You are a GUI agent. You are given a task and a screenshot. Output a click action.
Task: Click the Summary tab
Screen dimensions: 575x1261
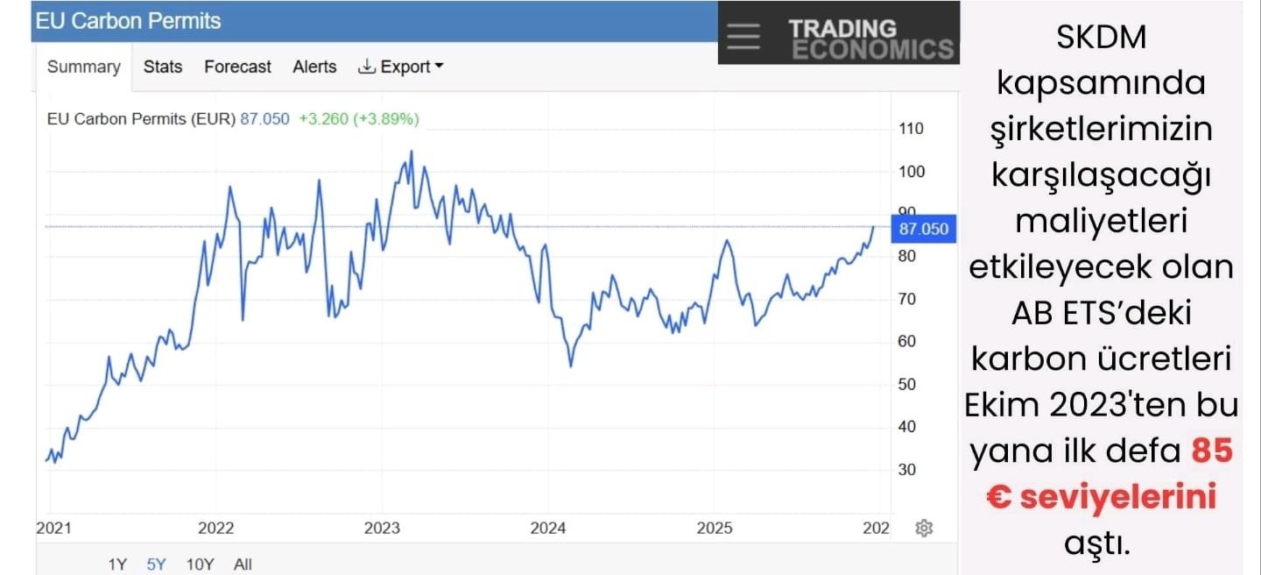[x=83, y=67]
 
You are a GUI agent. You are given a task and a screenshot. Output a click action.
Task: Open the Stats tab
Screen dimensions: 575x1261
[x=163, y=67]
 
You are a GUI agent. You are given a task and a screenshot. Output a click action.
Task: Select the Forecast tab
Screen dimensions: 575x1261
[x=237, y=67]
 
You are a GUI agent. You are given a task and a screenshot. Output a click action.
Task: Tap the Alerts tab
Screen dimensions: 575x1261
[x=314, y=67]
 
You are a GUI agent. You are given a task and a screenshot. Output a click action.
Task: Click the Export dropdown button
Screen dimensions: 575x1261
[x=401, y=67]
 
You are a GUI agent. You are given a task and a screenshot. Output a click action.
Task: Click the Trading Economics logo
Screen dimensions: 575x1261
[x=870, y=39]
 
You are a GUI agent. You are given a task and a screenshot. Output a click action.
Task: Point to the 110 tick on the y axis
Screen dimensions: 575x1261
[x=911, y=129]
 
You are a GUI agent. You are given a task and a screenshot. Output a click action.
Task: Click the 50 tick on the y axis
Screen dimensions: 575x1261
[x=906, y=384]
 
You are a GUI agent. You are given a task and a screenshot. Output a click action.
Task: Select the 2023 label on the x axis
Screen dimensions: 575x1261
[x=382, y=528]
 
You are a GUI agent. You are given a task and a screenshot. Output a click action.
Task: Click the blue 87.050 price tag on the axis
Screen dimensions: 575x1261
[x=923, y=230]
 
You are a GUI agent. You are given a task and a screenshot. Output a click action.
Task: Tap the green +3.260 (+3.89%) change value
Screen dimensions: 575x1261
[x=358, y=119]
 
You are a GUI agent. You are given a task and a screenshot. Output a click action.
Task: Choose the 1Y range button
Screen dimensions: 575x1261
[x=117, y=564]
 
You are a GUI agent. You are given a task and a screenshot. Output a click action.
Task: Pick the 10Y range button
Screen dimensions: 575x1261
[x=201, y=564]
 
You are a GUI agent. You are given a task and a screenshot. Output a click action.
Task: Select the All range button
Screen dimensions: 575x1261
[x=243, y=564]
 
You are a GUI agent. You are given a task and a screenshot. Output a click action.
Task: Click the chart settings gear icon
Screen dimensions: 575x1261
[x=923, y=528]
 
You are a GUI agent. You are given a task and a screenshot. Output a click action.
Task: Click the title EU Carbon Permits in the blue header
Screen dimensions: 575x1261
[x=128, y=21]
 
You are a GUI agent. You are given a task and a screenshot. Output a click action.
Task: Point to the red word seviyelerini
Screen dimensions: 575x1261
[x=1101, y=496]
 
